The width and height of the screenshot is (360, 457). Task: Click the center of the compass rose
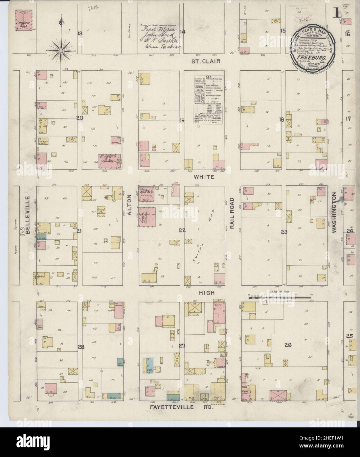point(61,51)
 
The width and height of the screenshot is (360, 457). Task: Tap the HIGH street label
point(208,292)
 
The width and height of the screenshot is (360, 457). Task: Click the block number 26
point(288,345)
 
